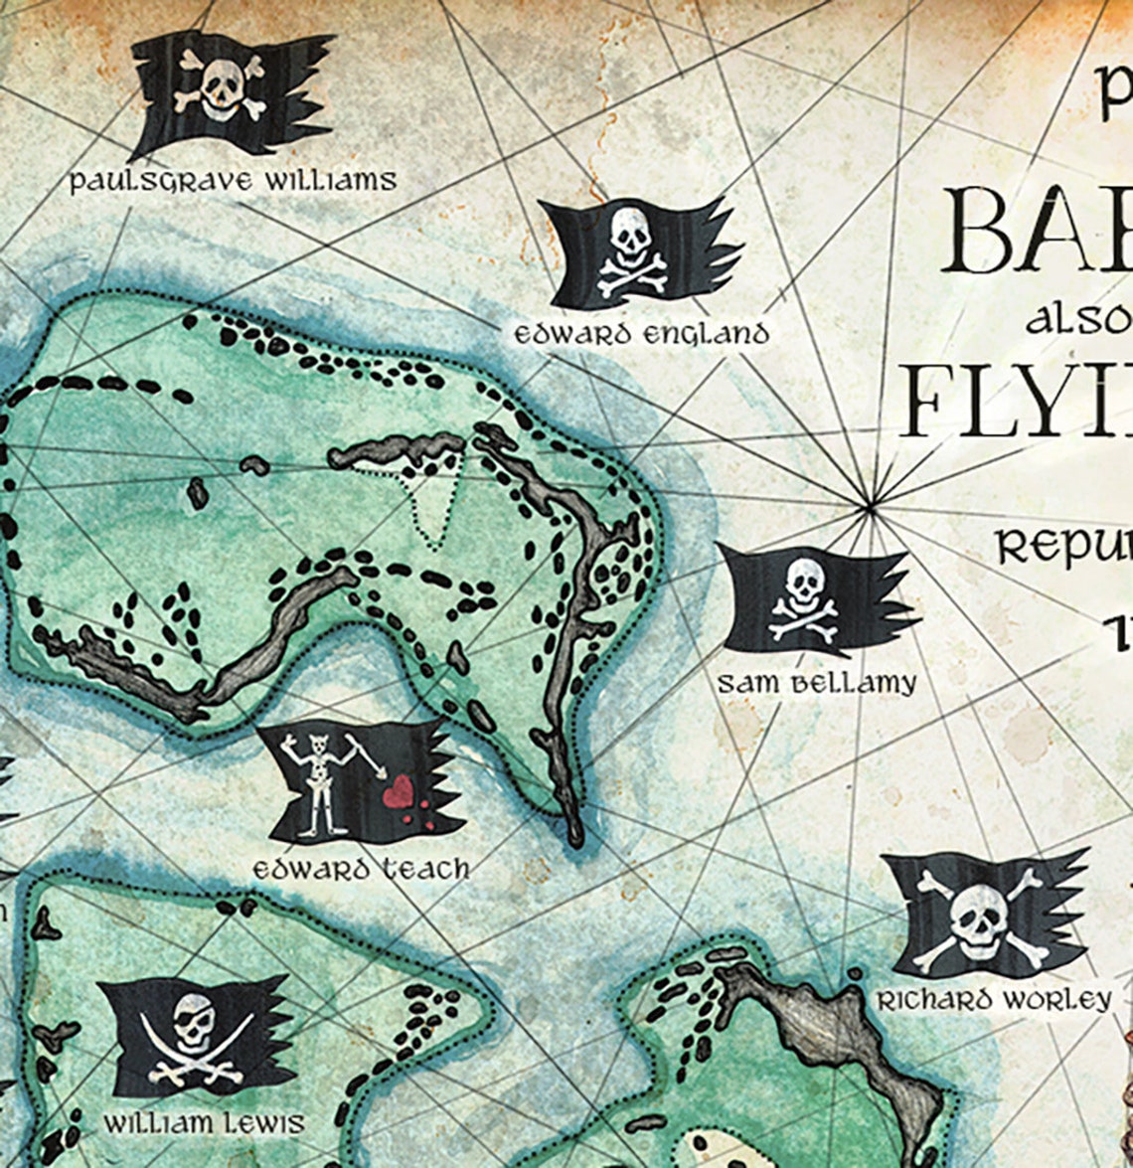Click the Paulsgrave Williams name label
coord(233,181)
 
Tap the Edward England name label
coord(642,334)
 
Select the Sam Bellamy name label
coord(817,683)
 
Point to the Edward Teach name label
coord(361,869)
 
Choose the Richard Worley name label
coord(993,1000)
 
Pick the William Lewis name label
coord(205,1123)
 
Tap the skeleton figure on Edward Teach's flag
coord(318,780)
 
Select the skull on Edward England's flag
coord(630,234)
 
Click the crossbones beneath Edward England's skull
coord(632,273)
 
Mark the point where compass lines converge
coord(871,508)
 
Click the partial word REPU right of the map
coord(1063,547)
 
